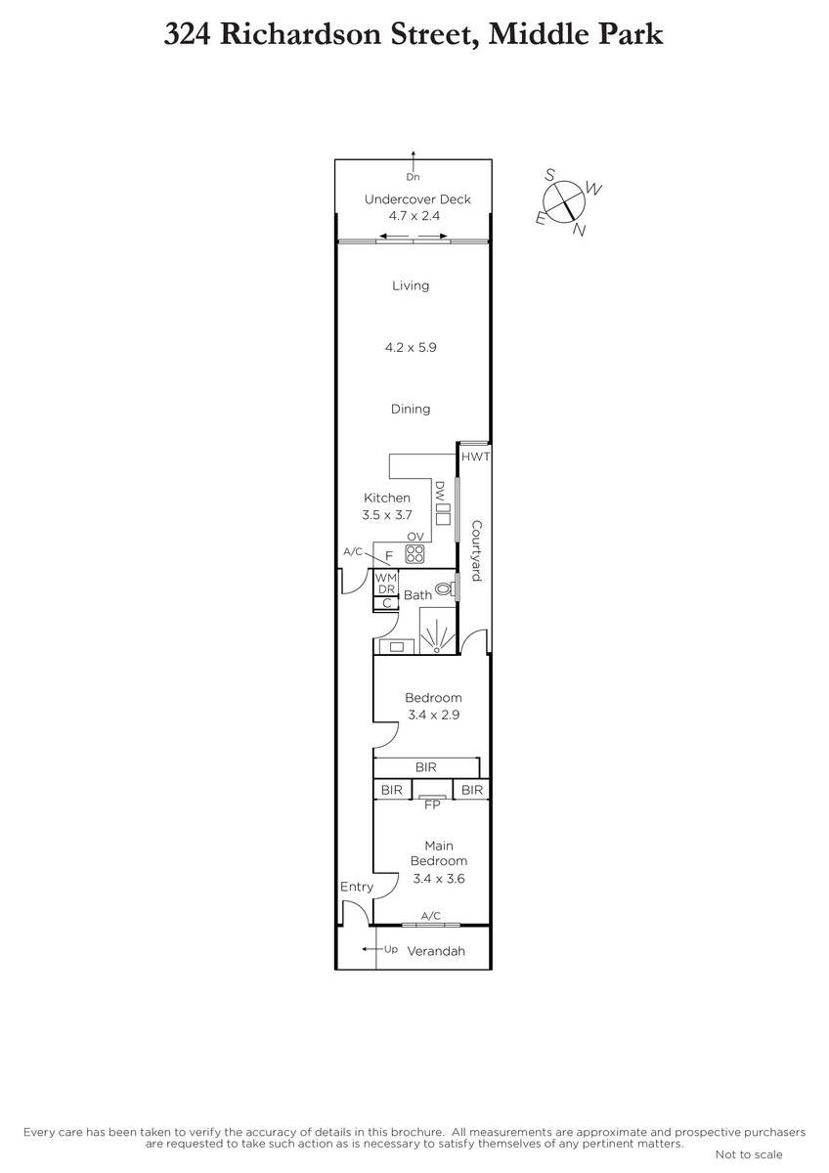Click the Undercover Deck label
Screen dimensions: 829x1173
[417, 199]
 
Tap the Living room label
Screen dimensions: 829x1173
[411, 285]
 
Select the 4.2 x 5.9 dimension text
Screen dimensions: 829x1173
[411, 347]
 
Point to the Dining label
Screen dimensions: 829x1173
[411, 409]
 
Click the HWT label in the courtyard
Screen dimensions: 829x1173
[475, 456]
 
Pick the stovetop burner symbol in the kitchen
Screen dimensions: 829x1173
[414, 554]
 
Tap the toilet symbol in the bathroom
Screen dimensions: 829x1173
[445, 588]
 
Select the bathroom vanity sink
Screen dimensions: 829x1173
[397, 647]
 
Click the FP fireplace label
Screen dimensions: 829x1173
[432, 804]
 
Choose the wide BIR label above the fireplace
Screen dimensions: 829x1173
[426, 767]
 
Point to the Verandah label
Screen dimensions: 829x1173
[436, 951]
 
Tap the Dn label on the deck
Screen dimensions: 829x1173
[413, 177]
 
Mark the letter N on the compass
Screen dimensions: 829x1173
[579, 230]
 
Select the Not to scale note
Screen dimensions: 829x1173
[749, 1154]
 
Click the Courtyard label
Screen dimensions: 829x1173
[476, 550]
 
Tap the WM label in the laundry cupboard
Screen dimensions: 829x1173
[386, 578]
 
